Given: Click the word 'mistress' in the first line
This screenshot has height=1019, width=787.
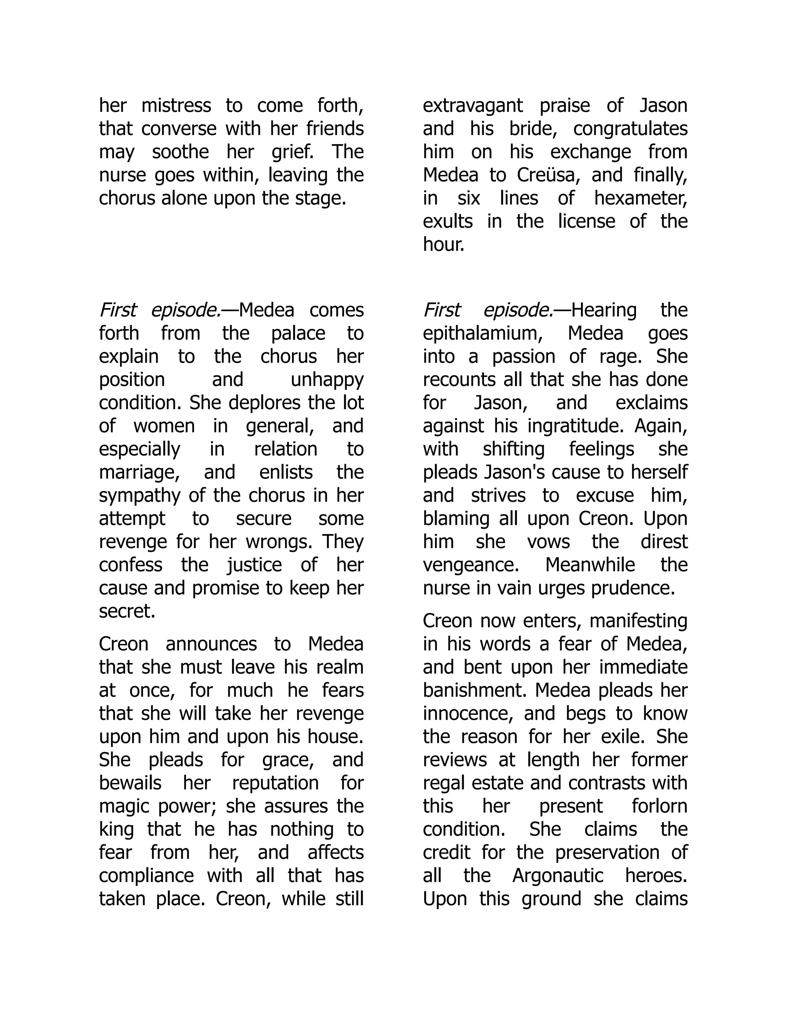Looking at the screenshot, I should [x=176, y=105].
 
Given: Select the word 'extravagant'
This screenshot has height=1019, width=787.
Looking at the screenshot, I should [x=473, y=105].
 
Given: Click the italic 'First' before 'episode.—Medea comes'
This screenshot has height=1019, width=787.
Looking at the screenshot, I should [x=118, y=310].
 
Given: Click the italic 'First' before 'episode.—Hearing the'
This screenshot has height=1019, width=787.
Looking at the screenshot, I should [x=442, y=310].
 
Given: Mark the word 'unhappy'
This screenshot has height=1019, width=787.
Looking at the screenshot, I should [x=327, y=380].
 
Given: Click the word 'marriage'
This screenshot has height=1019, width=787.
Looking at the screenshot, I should [x=139, y=472].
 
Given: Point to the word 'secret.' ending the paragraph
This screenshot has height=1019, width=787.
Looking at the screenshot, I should [x=127, y=611].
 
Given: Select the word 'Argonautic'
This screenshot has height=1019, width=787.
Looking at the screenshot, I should [x=558, y=875].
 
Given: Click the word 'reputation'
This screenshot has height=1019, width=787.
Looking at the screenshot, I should [x=275, y=783].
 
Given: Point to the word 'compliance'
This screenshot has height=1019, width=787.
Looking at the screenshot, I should [x=146, y=875].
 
